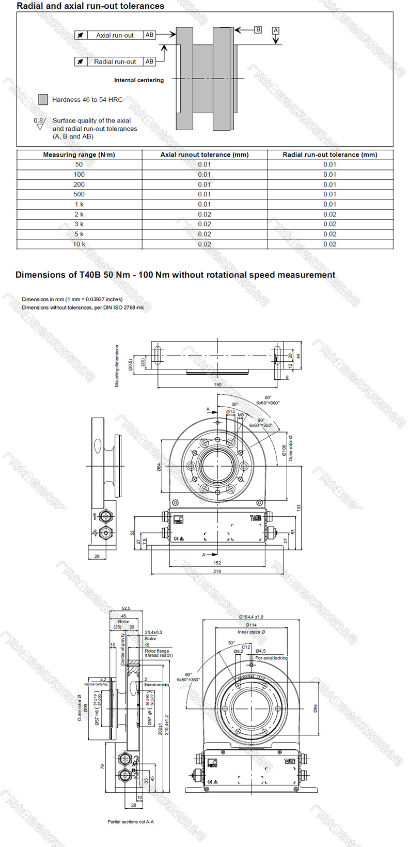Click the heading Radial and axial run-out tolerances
tap(90, 6)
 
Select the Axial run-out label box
tap(115, 35)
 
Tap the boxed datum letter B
tap(258, 29)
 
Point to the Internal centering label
tap(138, 80)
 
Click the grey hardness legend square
tap(43, 99)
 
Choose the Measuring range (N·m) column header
tap(79, 155)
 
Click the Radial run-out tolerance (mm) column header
tap(329, 155)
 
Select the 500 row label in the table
tap(79, 194)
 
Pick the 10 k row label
tap(79, 244)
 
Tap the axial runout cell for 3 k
tap(205, 224)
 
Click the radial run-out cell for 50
tap(329, 164)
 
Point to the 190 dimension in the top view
tap(217, 384)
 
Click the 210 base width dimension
tap(217, 571)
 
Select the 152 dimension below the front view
tap(217, 563)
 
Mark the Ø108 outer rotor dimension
tap(284, 451)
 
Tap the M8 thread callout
tap(241, 415)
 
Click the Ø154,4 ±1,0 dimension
tap(251, 617)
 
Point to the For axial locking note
tap(271, 658)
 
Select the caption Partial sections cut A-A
tap(131, 822)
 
